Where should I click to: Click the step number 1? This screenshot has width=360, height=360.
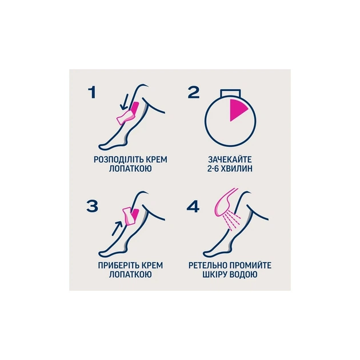92,93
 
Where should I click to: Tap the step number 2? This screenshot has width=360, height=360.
194,93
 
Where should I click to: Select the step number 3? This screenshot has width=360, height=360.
93,206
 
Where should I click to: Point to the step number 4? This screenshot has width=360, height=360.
193,206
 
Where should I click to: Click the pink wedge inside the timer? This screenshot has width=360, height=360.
237,109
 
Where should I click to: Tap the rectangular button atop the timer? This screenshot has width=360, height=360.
230,93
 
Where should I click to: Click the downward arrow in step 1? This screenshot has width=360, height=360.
125,102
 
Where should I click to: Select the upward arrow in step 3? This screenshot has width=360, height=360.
117,228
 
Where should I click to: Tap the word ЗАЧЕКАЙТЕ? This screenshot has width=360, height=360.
230,159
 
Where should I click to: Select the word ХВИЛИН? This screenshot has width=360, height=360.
237,169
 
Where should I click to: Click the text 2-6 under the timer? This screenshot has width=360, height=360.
213,169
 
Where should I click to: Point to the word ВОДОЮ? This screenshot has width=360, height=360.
243,275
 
